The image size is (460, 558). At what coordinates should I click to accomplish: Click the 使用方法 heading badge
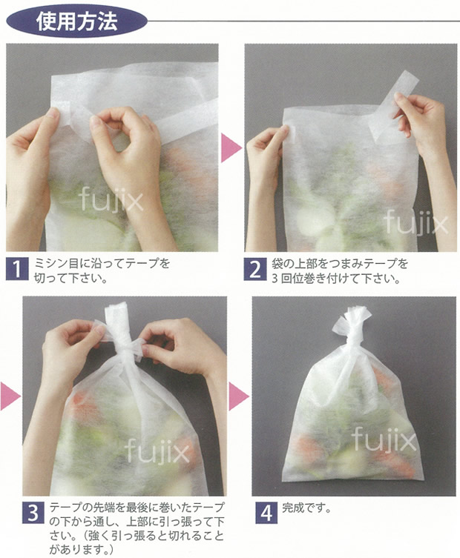pyautogui.click(x=77, y=21)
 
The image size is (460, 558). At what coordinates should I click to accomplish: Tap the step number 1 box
pyautogui.click(x=17, y=270)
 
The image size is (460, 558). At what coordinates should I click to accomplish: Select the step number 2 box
pyautogui.click(x=255, y=270)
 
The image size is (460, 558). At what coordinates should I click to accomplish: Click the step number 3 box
pyautogui.click(x=33, y=512)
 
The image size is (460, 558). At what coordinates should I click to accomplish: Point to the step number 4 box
pyautogui.click(x=266, y=512)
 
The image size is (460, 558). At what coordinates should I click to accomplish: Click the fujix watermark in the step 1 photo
pyautogui.click(x=111, y=199)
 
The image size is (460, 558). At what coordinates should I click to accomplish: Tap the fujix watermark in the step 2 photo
pyautogui.click(x=415, y=222)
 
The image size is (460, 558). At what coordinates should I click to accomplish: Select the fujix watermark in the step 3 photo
pyautogui.click(x=157, y=451)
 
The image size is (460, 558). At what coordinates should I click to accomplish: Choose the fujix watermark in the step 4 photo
pyautogui.click(x=384, y=439)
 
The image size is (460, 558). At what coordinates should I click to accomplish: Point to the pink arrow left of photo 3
pyautogui.click(x=10, y=396)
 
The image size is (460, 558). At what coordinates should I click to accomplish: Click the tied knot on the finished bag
pyautogui.click(x=352, y=322)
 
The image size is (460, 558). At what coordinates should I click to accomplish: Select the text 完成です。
pyautogui.click(x=306, y=508)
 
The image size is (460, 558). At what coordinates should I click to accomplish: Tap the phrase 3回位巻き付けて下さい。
pyautogui.click(x=336, y=278)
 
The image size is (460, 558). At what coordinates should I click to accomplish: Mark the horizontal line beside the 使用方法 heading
pyautogui.click(x=303, y=21)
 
